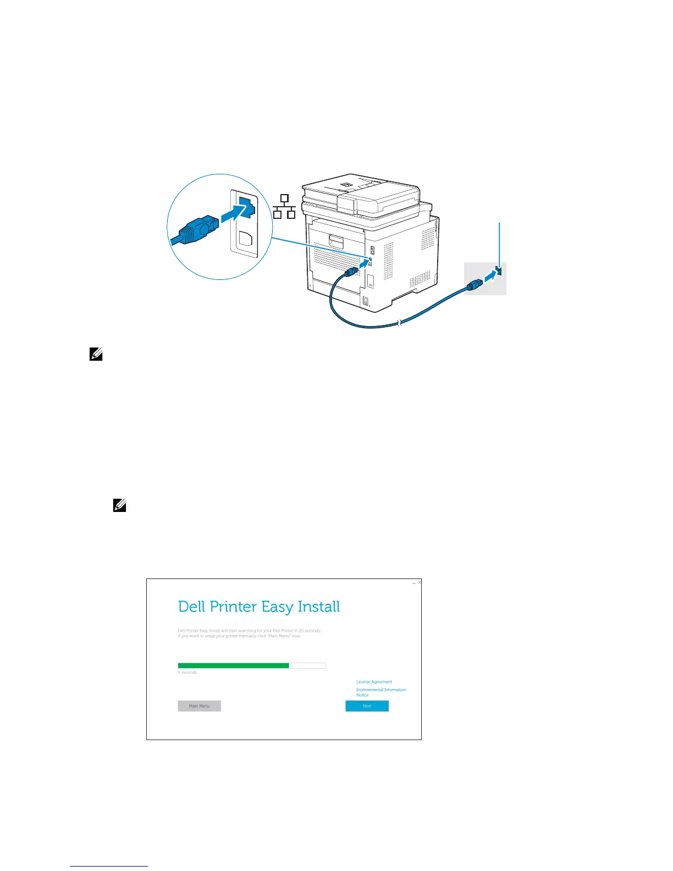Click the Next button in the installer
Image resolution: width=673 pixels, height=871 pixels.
[x=367, y=706]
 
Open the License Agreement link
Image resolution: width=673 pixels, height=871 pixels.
[x=374, y=682]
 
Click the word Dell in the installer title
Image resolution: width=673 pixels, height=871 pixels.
[x=191, y=607]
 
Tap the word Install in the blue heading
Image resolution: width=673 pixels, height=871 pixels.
[x=318, y=607]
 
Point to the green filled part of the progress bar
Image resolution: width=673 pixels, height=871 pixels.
[x=233, y=665]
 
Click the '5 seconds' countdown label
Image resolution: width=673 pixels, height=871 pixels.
[x=187, y=672]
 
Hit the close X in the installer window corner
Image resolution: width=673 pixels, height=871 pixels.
[x=420, y=582]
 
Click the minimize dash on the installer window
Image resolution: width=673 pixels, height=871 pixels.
[x=413, y=583]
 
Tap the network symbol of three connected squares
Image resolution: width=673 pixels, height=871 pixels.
[x=284, y=207]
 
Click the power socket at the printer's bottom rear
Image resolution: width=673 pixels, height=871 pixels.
[x=366, y=301]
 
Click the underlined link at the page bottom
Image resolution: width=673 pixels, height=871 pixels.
[x=109, y=867]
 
